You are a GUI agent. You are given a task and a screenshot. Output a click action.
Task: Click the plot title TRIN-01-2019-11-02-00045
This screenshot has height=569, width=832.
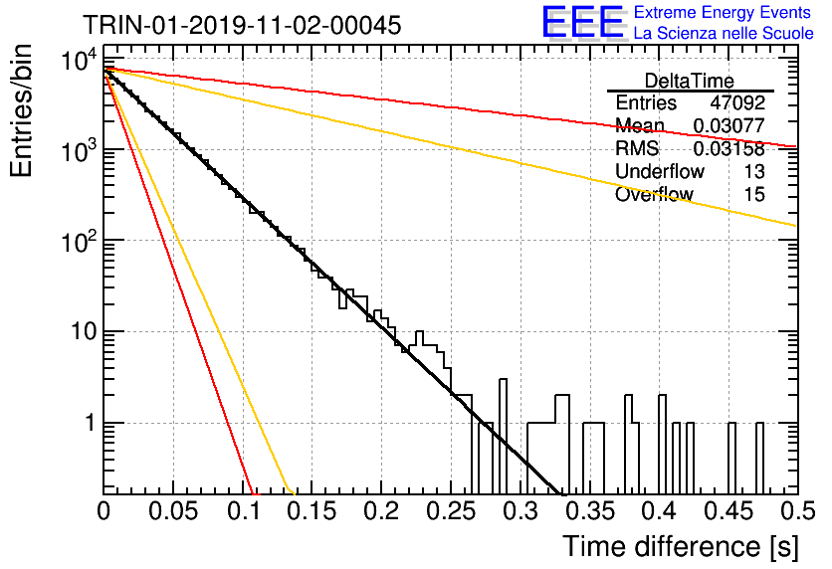coord(242,25)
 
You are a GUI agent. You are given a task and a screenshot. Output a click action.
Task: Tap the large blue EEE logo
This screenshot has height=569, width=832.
coord(582,22)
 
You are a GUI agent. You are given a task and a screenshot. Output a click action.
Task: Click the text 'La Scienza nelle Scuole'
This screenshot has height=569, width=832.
coord(724,34)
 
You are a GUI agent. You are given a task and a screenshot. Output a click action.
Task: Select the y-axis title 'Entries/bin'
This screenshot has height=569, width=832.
coord(21,110)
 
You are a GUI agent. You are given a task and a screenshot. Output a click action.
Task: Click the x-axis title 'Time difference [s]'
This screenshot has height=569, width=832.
coord(681,546)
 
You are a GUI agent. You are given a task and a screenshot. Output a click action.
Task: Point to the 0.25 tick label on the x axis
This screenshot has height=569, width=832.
coord(451,511)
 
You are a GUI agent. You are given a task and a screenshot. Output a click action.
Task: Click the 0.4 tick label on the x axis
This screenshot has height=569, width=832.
coord(660,511)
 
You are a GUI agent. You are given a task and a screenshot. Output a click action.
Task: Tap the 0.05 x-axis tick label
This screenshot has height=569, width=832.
coord(173,511)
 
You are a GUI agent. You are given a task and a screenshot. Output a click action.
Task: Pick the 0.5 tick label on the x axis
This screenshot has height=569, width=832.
coord(797,511)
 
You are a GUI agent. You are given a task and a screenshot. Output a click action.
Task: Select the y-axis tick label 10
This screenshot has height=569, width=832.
coord(85,332)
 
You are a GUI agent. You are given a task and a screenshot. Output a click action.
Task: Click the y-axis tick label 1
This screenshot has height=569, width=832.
coord(91,423)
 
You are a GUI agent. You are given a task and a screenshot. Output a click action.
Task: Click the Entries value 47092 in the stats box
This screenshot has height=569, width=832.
coord(737,102)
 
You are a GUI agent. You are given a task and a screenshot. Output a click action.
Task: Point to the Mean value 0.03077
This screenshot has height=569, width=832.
coord(729,125)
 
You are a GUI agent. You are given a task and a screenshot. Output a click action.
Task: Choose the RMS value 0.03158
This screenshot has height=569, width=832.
coord(729,148)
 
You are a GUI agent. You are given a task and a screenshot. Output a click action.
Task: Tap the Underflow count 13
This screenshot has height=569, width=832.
coord(754,171)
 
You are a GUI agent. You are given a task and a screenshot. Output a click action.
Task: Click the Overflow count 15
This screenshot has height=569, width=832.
coord(754,194)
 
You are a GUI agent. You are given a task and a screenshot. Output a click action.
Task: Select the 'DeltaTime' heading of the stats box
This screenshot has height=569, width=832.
coord(690,81)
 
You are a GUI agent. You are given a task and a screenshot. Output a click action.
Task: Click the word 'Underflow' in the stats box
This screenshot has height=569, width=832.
coord(660,171)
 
